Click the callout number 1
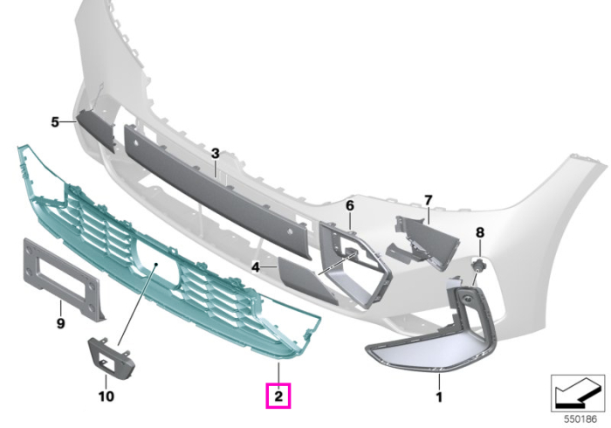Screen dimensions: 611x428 pos(439,397)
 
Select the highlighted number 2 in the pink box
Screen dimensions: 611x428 pos(278,397)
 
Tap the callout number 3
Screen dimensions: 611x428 pos(216,154)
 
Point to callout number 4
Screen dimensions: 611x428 pos(255,267)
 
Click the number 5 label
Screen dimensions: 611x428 pos(55,122)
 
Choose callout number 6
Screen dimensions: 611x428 pos(350,205)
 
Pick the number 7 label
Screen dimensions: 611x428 pos(429,200)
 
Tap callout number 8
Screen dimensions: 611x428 pos(480,232)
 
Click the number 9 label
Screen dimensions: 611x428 pos(61,323)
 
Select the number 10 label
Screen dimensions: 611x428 pos(106,397)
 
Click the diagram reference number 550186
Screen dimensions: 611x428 pos(580,419)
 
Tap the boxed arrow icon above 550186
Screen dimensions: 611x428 pos(578,393)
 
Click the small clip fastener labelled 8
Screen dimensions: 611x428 pos(477,266)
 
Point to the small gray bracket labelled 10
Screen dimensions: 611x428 pos(111,358)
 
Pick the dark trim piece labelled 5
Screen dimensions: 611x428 pos(95,129)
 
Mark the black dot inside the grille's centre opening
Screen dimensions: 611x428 pos(155,265)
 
